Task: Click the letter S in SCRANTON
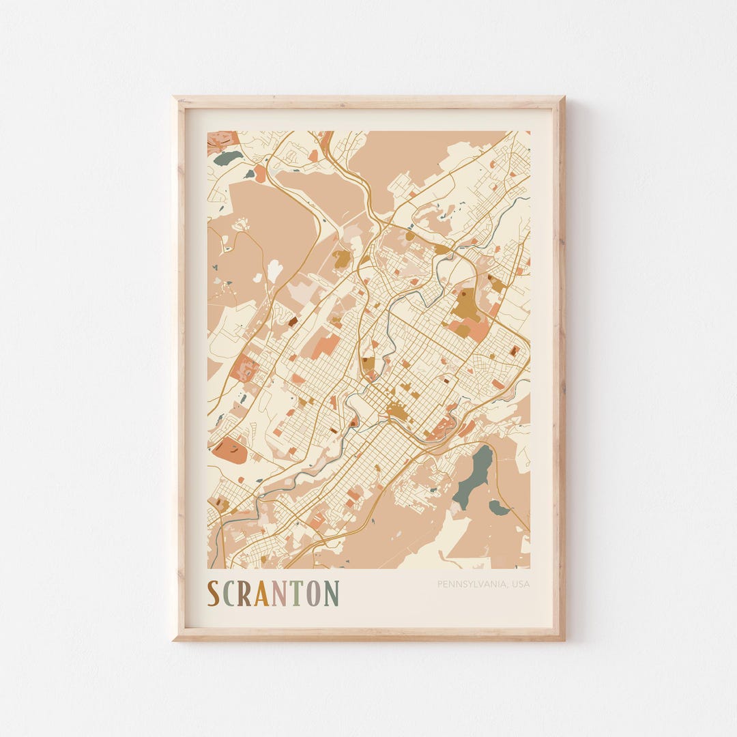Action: pyautogui.click(x=214, y=594)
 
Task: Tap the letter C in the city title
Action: pyautogui.click(x=229, y=594)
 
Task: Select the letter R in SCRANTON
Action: pyautogui.click(x=244, y=594)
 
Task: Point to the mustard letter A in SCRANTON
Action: pyautogui.click(x=262, y=594)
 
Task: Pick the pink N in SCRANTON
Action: pyautogui.click(x=279, y=594)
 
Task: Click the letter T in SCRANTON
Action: pyautogui.click(x=295, y=594)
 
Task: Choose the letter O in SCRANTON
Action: pyautogui.click(x=313, y=594)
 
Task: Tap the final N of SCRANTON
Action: pyautogui.click(x=331, y=594)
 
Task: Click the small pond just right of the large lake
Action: pyautogui.click(x=499, y=508)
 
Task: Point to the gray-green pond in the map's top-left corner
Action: pyautogui.click(x=228, y=158)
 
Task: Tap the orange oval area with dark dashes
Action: pyautogui.click(x=229, y=450)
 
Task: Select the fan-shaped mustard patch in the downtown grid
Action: pyautogui.click(x=396, y=411)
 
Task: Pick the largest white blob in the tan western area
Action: pyautogui.click(x=274, y=270)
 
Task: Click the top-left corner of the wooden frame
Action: pyautogui.click(x=175, y=98)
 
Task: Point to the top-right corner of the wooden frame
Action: pyautogui.click(x=563, y=98)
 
